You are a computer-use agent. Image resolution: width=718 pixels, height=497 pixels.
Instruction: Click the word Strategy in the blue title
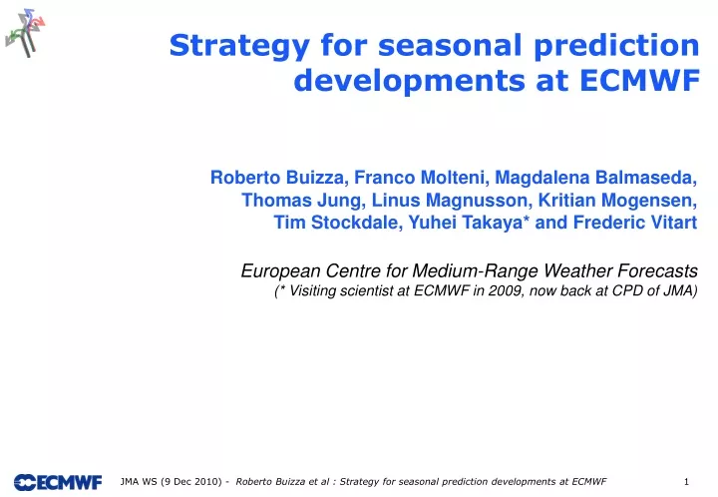coord(239,46)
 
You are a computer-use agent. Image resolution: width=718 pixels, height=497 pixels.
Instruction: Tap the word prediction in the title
coord(616,46)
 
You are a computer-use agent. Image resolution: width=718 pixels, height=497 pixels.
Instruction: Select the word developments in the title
coord(409,81)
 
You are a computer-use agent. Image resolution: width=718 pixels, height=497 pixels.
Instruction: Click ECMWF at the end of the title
coord(639,80)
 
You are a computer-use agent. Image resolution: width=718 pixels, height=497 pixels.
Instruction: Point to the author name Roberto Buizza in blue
coord(277,178)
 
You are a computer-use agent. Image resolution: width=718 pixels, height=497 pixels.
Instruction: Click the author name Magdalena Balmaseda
coord(596,178)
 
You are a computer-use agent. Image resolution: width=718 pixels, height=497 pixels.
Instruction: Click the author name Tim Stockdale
coord(338,223)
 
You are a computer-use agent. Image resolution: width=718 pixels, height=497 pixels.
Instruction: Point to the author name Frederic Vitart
coord(635,223)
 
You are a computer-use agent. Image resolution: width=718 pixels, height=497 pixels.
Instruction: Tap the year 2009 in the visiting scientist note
coord(506,290)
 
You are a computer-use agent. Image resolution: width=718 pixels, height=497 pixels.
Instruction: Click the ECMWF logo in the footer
coord(58,482)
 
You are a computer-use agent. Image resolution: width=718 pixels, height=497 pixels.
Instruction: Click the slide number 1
coord(686,481)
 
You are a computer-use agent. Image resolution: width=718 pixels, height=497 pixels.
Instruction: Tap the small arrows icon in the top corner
coord(26,33)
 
